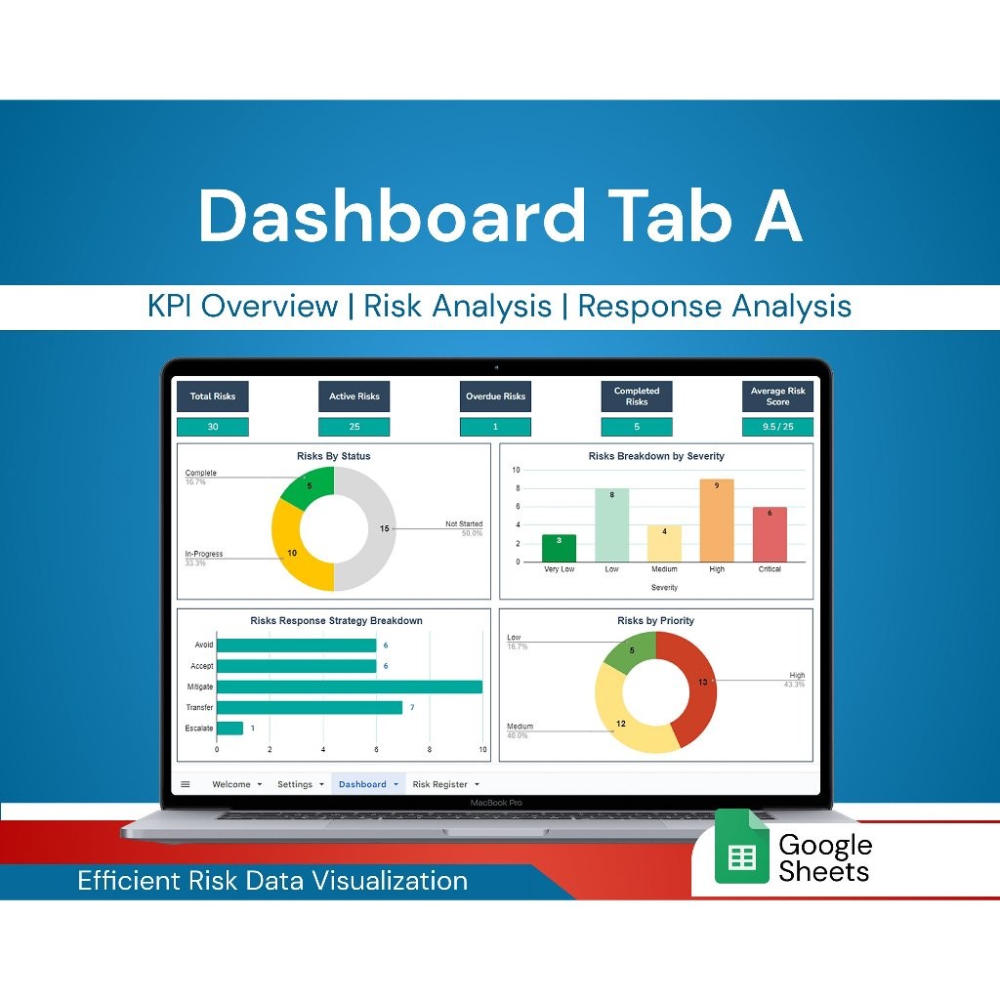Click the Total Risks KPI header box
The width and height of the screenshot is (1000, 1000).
(x=212, y=396)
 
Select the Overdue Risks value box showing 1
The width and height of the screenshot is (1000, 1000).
(x=495, y=427)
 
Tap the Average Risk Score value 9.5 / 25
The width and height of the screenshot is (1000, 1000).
(x=777, y=427)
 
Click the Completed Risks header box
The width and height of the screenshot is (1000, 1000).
(x=637, y=396)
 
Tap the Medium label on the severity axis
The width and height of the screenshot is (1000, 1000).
(x=664, y=568)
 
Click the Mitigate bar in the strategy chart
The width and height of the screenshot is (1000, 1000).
(x=349, y=687)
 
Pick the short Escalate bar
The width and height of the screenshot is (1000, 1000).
(x=229, y=729)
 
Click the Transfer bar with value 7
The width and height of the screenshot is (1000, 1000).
(x=309, y=707)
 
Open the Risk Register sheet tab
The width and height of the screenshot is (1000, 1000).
(x=440, y=784)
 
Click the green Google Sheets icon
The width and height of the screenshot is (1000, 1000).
(x=742, y=847)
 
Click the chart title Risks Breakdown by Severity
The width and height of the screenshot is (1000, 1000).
(x=656, y=456)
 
